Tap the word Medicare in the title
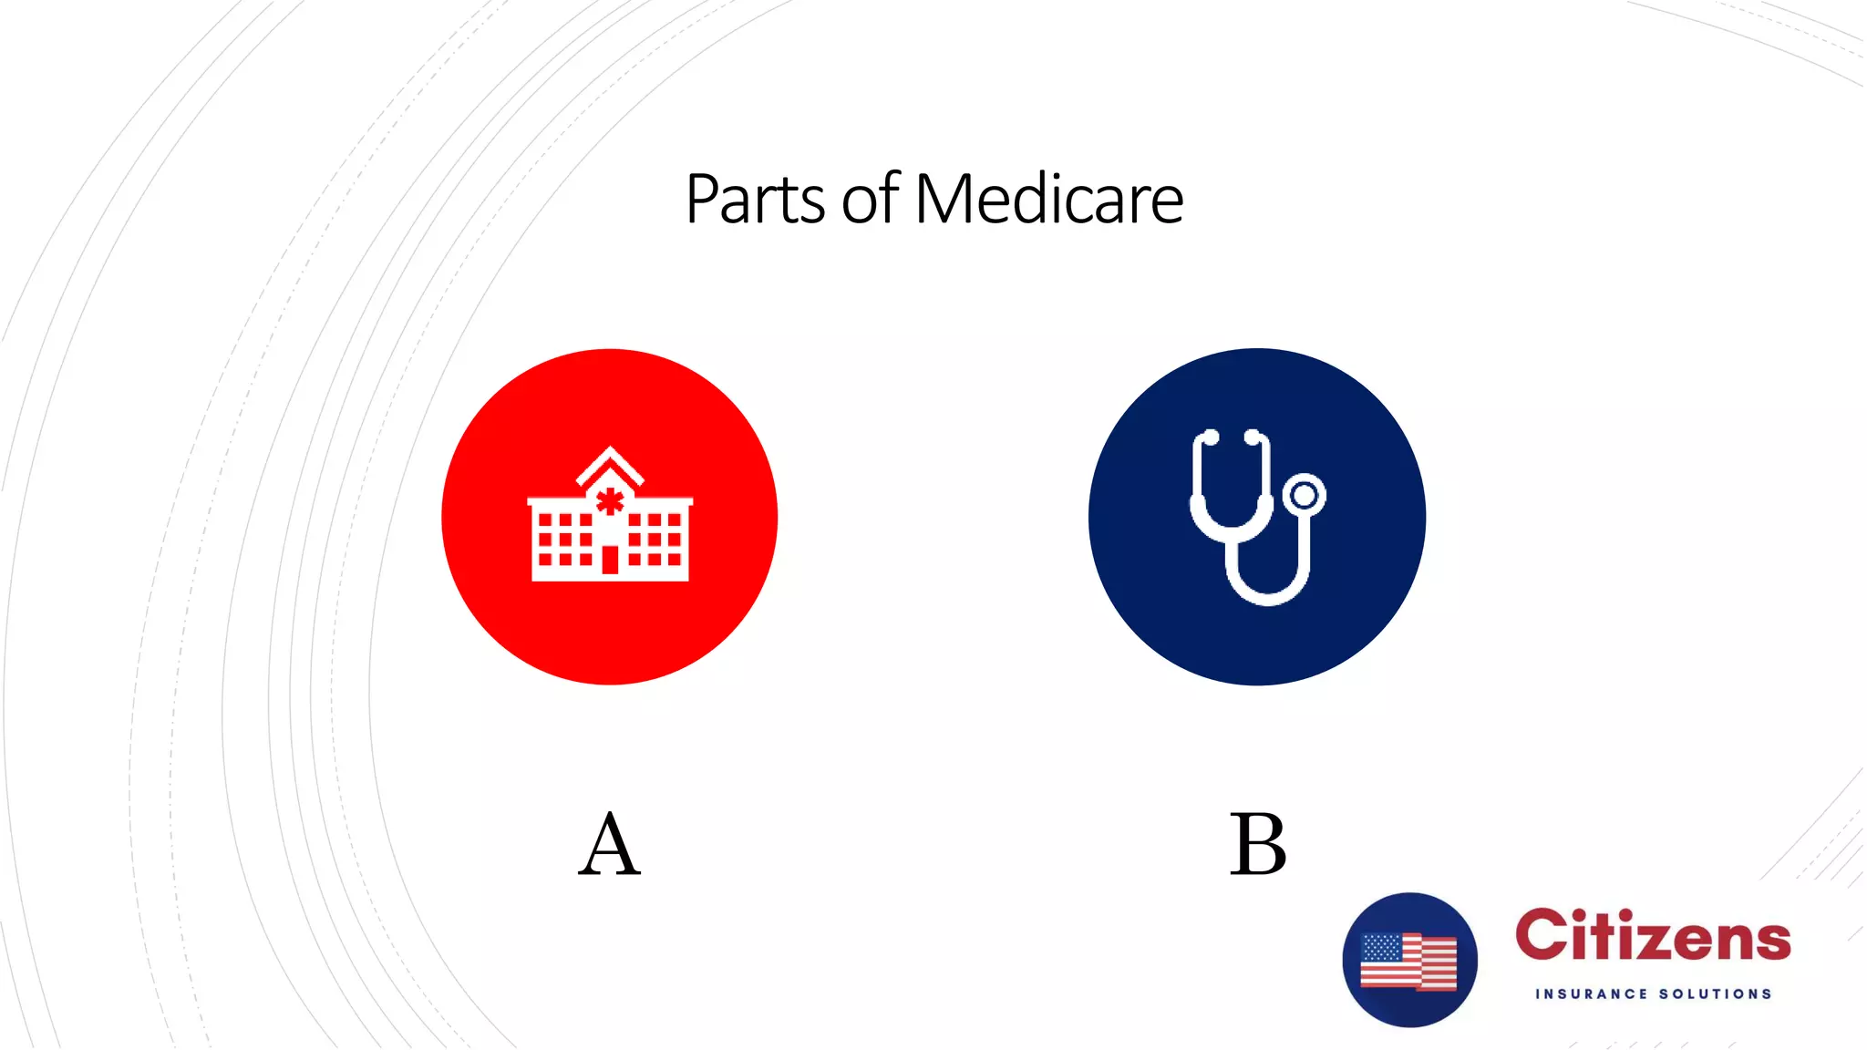pyautogui.click(x=1048, y=199)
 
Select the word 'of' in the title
pyautogui.click(x=871, y=200)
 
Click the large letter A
pyautogui.click(x=609, y=845)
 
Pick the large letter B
pyautogui.click(x=1258, y=845)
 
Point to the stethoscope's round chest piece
pyautogui.click(x=1305, y=495)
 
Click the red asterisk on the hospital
pyautogui.click(x=610, y=501)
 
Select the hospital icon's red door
pyautogui.click(x=610, y=559)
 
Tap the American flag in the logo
pyautogui.click(x=1408, y=961)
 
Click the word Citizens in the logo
pyautogui.click(x=1653, y=936)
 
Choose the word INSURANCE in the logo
pyautogui.click(x=1592, y=993)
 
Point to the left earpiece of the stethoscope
pyautogui.click(x=1210, y=437)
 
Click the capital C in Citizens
pyautogui.click(x=1542, y=936)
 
